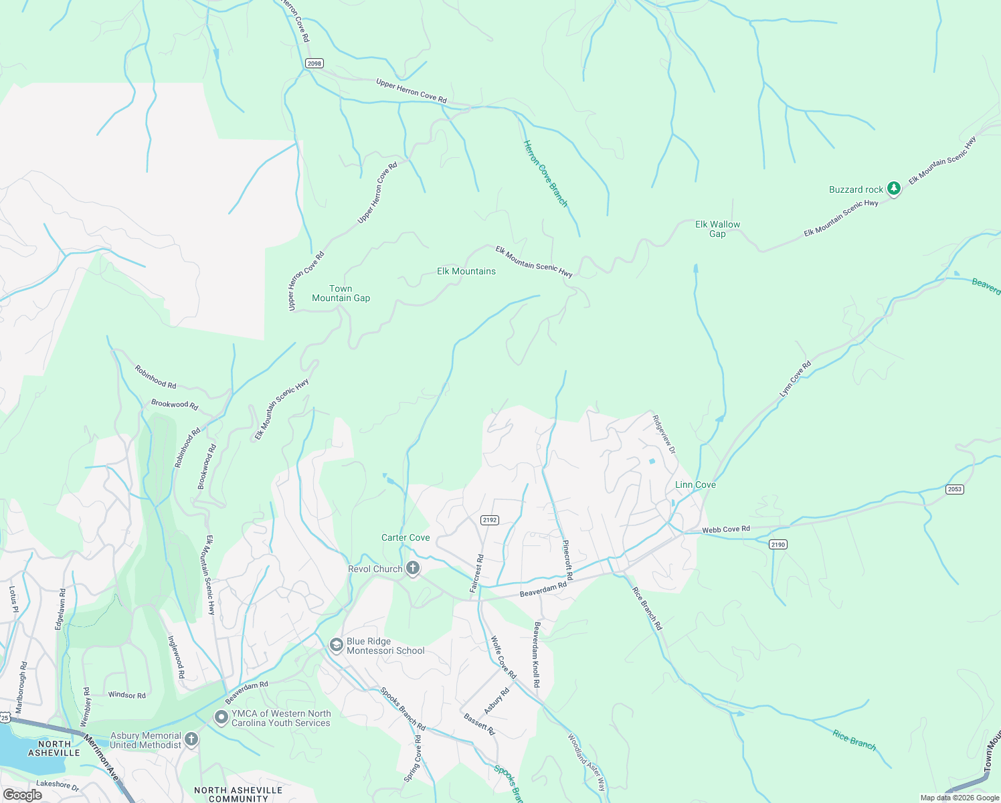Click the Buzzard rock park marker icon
click(x=893, y=189)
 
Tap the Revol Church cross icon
click(x=413, y=569)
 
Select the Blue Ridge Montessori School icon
click(x=336, y=645)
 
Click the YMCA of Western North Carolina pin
click(x=221, y=717)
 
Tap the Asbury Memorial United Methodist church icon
click(x=191, y=739)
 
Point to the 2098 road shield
click(x=314, y=64)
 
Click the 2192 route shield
click(x=490, y=520)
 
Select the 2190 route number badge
click(x=778, y=545)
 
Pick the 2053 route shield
click(x=955, y=489)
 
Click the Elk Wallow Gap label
click(x=717, y=229)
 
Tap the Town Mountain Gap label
click(x=341, y=293)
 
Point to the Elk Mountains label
click(x=466, y=271)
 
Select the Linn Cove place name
click(x=695, y=484)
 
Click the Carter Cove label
click(x=405, y=537)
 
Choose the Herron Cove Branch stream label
click(x=545, y=173)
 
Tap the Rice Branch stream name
click(x=854, y=740)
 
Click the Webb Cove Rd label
click(x=726, y=529)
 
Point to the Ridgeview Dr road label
click(x=664, y=435)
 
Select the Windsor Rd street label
click(x=127, y=695)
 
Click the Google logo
click(x=23, y=795)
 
